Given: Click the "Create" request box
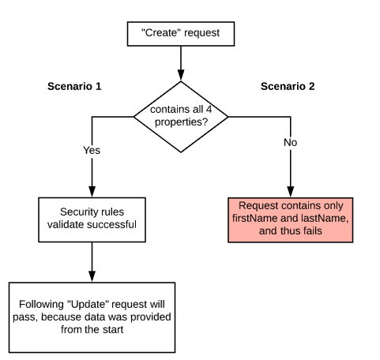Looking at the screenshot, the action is pyautogui.click(x=181, y=34).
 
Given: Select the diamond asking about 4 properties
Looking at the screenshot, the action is pyautogui.click(x=181, y=117).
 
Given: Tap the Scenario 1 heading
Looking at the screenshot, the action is pyautogui.click(x=74, y=86).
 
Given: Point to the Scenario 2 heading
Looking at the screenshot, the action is pyautogui.click(x=288, y=86).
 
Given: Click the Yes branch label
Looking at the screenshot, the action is pyautogui.click(x=92, y=150).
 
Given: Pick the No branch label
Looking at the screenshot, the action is pyautogui.click(x=291, y=142).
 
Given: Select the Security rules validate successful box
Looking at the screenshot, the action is pyautogui.click(x=92, y=219).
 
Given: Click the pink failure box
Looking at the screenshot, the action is pyautogui.click(x=291, y=219).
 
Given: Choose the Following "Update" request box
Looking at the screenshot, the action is pyautogui.click(x=92, y=317).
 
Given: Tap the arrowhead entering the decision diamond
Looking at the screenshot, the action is pyautogui.click(x=181, y=75).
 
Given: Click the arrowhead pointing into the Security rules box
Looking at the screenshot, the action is pyautogui.click(x=92, y=191).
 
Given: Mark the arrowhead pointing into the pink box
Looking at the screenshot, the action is pyautogui.click(x=291, y=191).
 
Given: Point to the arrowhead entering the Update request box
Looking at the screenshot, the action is pyautogui.click(x=92, y=276).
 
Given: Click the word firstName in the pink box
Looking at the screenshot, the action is pyautogui.click(x=255, y=218).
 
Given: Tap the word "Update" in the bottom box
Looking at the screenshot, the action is pyautogui.click(x=88, y=304).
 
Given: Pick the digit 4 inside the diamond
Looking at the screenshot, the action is pyautogui.click(x=209, y=109).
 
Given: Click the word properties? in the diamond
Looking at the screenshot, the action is pyautogui.click(x=182, y=122).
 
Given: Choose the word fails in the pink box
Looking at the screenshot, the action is pyautogui.click(x=313, y=231).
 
